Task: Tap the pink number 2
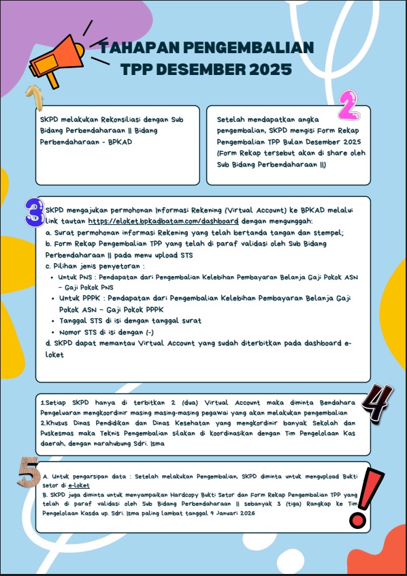coord(349,106)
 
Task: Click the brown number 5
coord(29,472)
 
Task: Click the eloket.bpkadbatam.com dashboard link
coord(163,222)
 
